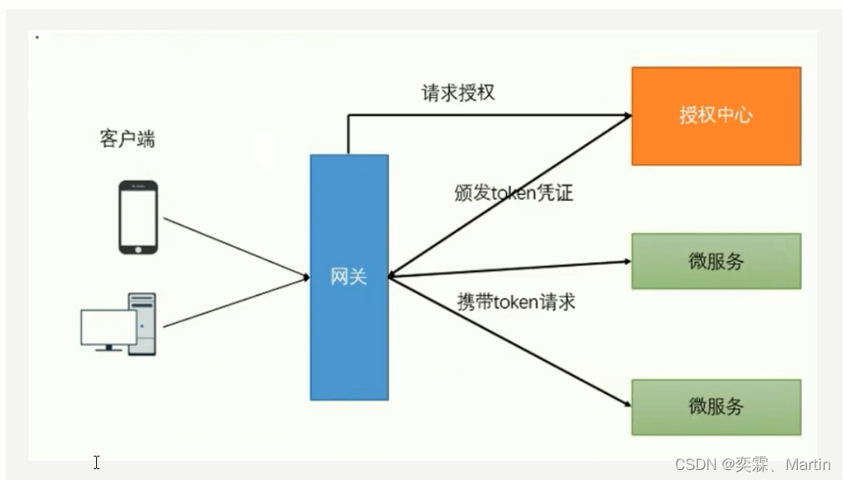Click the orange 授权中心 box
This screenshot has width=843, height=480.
716,115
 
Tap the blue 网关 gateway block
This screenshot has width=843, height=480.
349,334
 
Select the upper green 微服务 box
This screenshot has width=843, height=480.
716,261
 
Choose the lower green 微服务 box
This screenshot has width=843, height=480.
716,406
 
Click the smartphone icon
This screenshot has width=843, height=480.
138,217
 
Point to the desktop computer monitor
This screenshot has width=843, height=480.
108,329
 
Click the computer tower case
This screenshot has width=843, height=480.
142,324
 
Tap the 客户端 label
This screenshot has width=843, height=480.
127,139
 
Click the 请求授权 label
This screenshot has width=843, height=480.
458,92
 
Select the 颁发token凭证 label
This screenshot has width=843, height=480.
513,192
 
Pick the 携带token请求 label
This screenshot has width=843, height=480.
516,302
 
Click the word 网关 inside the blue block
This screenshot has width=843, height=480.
349,277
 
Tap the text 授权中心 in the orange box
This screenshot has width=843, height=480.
716,115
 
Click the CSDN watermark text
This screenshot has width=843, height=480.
753,465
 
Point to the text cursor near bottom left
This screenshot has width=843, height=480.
97,462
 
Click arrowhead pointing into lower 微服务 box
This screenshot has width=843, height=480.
625,405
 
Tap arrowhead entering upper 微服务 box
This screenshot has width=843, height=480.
626,261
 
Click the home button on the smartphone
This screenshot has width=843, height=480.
138,248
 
